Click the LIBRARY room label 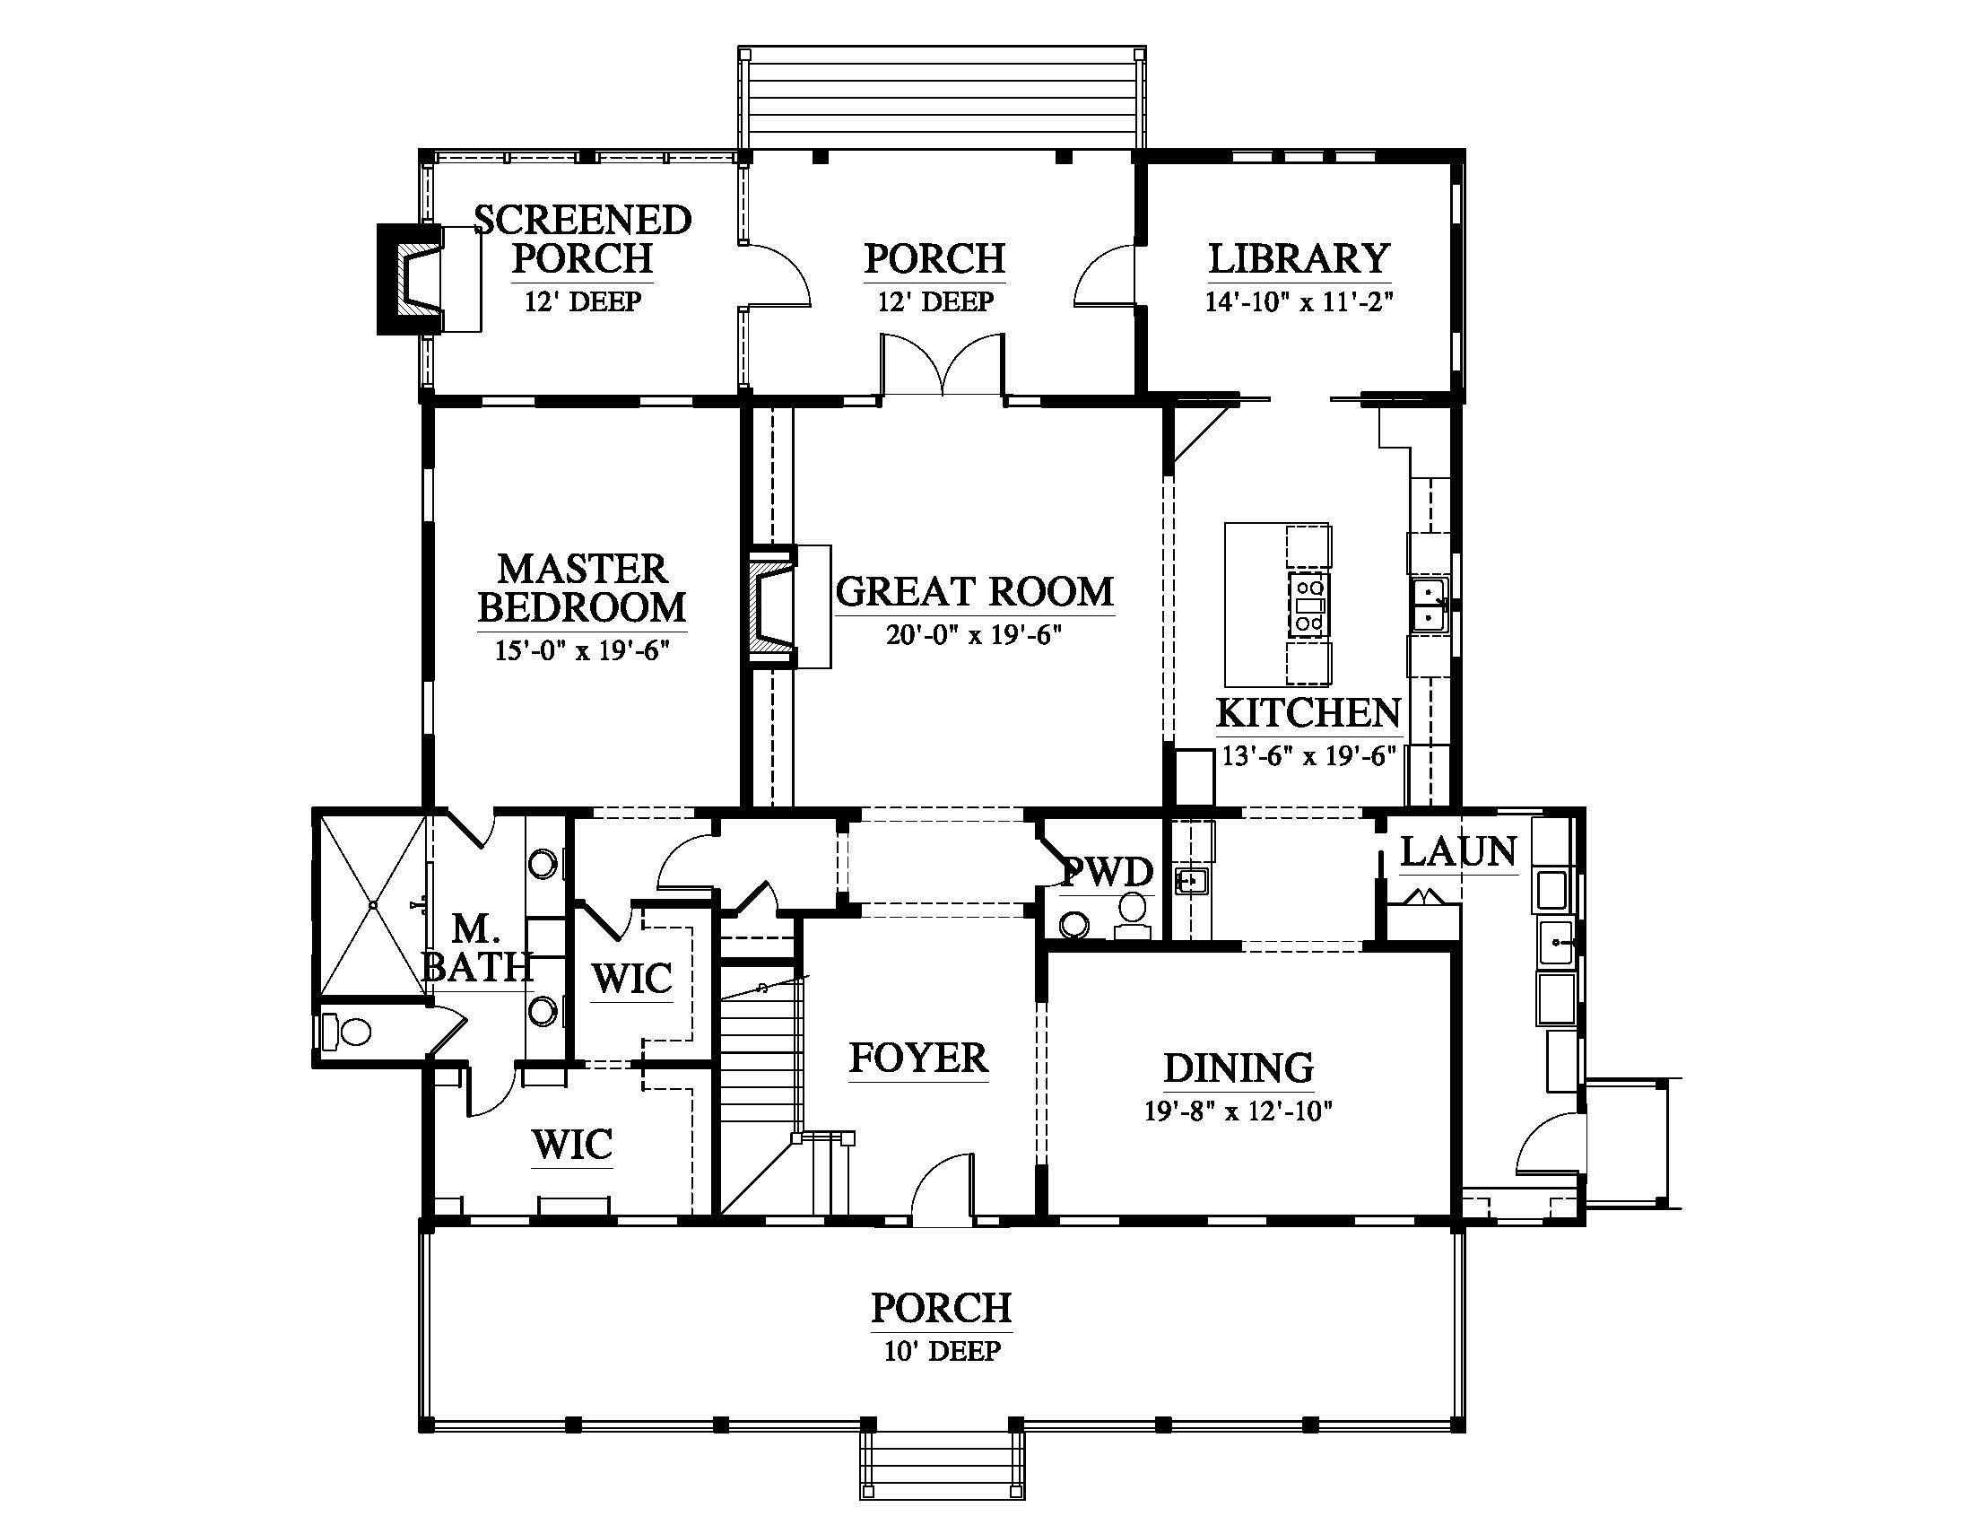[1299, 258]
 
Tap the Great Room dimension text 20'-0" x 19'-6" [973, 635]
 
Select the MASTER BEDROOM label [582, 588]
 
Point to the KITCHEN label [1308, 713]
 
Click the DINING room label [1239, 1067]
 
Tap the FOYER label [918, 1058]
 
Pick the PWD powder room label [1108, 873]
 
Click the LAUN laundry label [1458, 851]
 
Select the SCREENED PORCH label [583, 239]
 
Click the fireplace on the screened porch [411, 280]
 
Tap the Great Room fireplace [770, 606]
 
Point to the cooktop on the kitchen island [1308, 606]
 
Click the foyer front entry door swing [944, 1189]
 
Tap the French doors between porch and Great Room [943, 365]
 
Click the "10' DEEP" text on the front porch [943, 1351]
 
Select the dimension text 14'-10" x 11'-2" [1299, 301]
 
